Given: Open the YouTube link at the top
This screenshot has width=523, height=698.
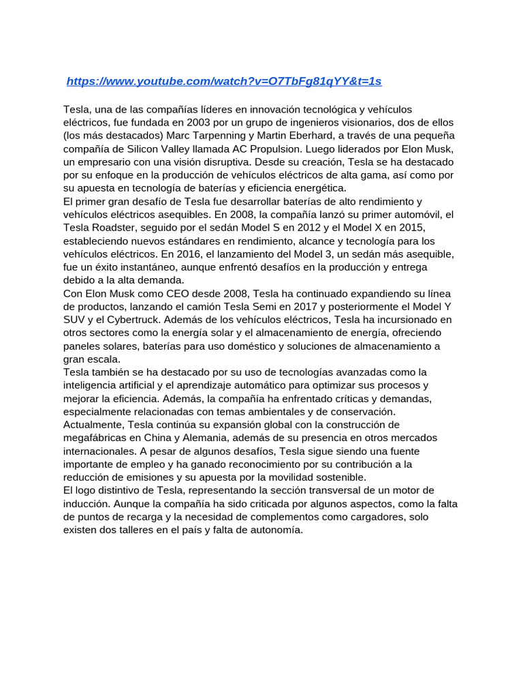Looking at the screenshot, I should coord(224,81).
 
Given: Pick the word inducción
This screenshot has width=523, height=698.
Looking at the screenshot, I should coord(86,504).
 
